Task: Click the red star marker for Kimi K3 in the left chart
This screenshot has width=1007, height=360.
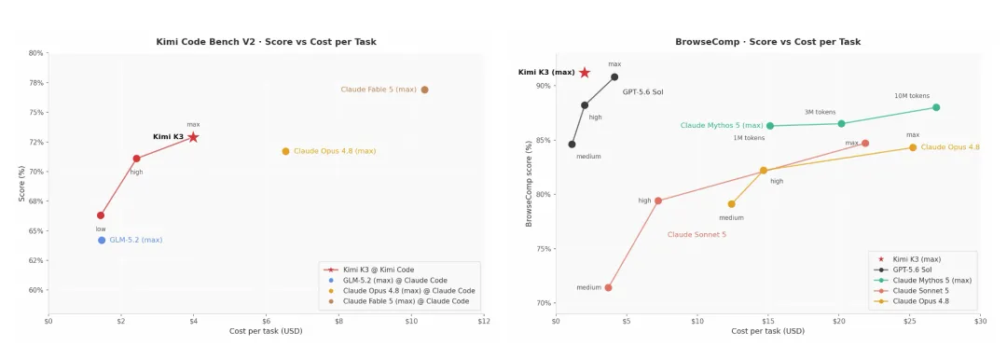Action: [x=193, y=137]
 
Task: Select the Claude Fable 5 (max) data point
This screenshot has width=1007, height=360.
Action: [x=424, y=90]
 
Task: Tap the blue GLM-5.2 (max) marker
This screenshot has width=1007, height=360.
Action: [x=102, y=240]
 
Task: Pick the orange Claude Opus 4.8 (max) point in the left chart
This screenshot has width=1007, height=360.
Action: [x=285, y=151]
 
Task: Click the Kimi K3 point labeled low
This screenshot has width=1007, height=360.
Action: [x=101, y=215]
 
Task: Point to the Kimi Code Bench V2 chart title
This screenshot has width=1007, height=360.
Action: [x=266, y=42]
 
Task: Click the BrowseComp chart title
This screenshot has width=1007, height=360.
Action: [x=767, y=42]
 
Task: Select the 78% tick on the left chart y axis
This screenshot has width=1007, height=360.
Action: [x=36, y=83]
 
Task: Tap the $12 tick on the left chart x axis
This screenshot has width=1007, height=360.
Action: [x=484, y=321]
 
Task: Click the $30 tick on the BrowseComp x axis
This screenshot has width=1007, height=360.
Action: [x=979, y=321]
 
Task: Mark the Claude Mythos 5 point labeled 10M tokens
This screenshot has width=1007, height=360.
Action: [x=936, y=107]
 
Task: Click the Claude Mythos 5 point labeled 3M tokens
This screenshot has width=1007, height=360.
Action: [x=841, y=123]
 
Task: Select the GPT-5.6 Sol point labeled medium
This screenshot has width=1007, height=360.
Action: [x=572, y=144]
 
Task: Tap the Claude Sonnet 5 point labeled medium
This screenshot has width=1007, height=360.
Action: [x=608, y=287]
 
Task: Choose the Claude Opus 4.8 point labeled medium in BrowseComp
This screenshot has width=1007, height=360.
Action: [x=732, y=204]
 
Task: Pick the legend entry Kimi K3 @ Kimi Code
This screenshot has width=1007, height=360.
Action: [x=374, y=270]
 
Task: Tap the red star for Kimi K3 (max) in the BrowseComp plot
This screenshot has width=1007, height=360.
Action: [x=585, y=73]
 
